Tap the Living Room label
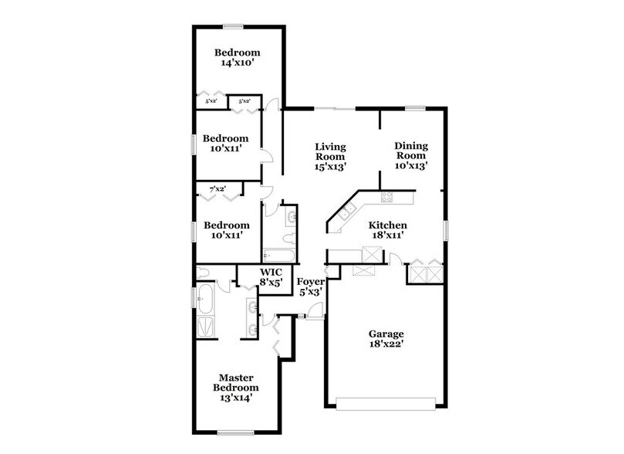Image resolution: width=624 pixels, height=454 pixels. pyautogui.click(x=330, y=155)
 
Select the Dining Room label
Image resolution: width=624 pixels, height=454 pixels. pyautogui.click(x=411, y=154)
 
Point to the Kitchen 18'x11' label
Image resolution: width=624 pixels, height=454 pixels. pyautogui.click(x=376, y=229)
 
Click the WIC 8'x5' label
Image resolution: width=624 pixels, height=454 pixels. pyautogui.click(x=271, y=277)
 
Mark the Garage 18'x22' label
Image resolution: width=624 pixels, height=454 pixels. pyautogui.click(x=386, y=340)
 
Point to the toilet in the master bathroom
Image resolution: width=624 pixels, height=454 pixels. pyautogui.click(x=204, y=273)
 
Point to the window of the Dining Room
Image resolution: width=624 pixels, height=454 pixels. pyautogui.click(x=417, y=108)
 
